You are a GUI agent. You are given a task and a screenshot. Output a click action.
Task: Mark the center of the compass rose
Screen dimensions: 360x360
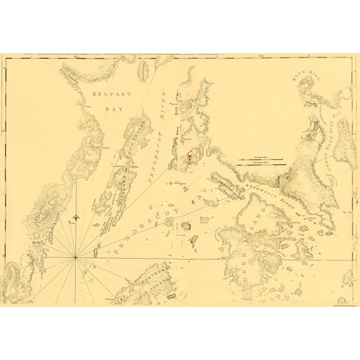pos(76,257)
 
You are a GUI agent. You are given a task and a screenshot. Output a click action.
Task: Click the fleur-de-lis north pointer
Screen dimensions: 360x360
pos(76,217)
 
